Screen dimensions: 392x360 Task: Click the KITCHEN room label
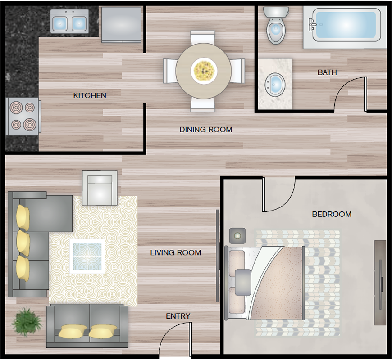click(90, 95)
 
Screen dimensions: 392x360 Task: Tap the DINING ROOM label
click(206, 130)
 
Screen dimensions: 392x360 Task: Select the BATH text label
click(327, 72)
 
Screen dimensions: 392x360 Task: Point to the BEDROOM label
click(332, 214)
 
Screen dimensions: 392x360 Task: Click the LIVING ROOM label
click(176, 252)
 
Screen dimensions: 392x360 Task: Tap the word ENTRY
click(178, 316)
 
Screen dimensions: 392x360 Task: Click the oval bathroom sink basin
click(275, 85)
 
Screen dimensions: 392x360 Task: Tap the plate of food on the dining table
click(204, 71)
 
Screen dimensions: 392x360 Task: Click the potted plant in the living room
click(27, 322)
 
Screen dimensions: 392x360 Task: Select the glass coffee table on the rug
click(87, 256)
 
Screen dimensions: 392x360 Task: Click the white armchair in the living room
click(100, 188)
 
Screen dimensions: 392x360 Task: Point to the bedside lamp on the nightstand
click(237, 236)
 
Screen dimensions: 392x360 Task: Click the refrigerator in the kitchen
click(122, 24)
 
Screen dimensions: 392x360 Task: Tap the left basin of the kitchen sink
click(60, 23)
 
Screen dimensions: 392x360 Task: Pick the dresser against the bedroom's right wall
click(380, 283)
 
